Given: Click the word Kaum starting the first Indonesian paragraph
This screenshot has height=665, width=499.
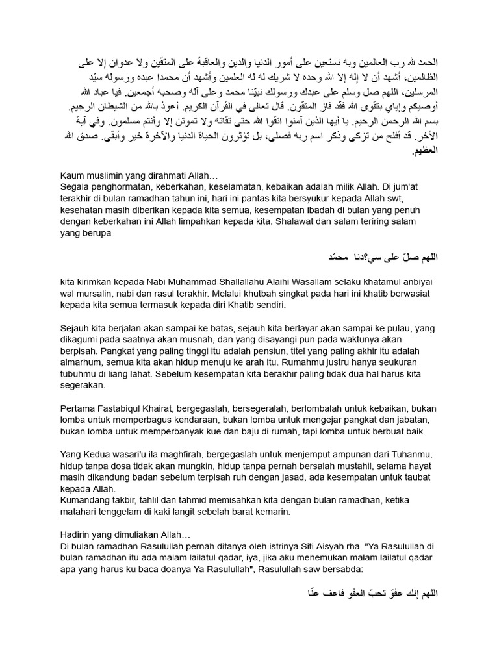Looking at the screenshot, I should pos(71,176).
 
